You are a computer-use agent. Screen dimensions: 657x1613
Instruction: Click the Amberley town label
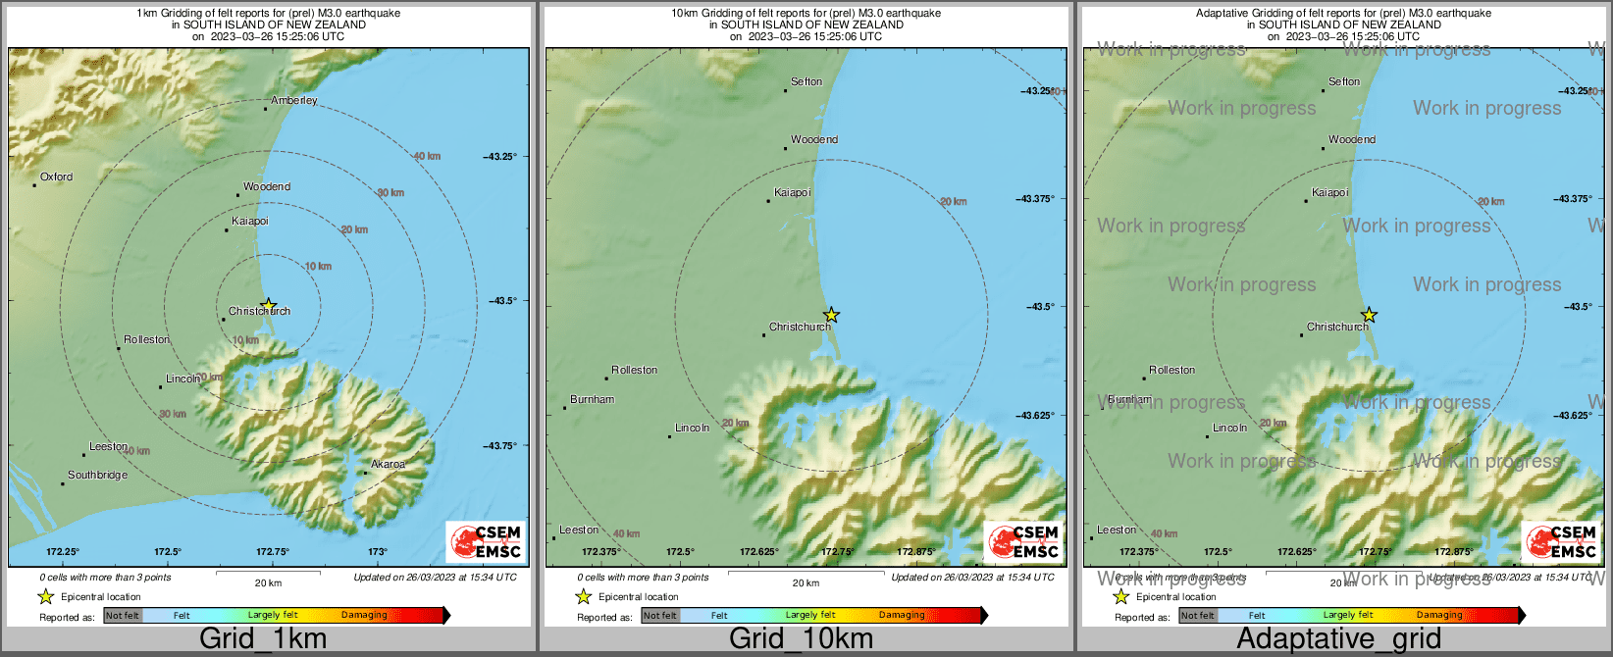tap(294, 101)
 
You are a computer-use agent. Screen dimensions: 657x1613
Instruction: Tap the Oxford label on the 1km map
tap(56, 177)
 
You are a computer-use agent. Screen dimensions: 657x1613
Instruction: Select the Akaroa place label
tap(388, 465)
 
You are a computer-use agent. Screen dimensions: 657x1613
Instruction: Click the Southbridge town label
tap(97, 476)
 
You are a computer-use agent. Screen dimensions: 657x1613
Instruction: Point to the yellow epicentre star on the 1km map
tap(268, 306)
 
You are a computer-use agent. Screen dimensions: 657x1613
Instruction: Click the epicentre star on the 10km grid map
tap(831, 315)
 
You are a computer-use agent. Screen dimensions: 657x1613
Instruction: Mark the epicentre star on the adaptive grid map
tap(1369, 315)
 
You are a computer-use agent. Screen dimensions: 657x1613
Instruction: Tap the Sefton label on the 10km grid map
tap(806, 82)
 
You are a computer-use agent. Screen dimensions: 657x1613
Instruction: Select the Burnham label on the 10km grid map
tap(592, 400)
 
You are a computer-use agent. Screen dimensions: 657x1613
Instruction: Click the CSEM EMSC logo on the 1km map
tap(485, 541)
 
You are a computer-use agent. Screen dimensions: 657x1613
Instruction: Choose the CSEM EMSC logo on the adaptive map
tap(1560, 541)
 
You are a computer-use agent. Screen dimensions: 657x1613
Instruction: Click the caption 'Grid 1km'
tap(263, 639)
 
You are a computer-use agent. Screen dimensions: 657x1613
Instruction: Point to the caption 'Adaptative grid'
tap(1338, 639)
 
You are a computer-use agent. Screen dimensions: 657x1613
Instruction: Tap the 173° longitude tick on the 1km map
tap(378, 552)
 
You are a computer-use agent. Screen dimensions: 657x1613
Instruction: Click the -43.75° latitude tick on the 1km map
tap(499, 446)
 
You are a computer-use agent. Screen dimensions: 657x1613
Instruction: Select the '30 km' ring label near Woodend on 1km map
tap(390, 193)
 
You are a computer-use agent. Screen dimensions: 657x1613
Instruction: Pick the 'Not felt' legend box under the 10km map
tap(660, 616)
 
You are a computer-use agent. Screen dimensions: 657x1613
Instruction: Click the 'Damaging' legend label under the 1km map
tap(364, 616)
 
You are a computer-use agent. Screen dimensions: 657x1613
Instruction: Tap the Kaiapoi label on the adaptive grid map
tap(1329, 193)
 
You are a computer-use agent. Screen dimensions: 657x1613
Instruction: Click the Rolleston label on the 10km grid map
tap(634, 371)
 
